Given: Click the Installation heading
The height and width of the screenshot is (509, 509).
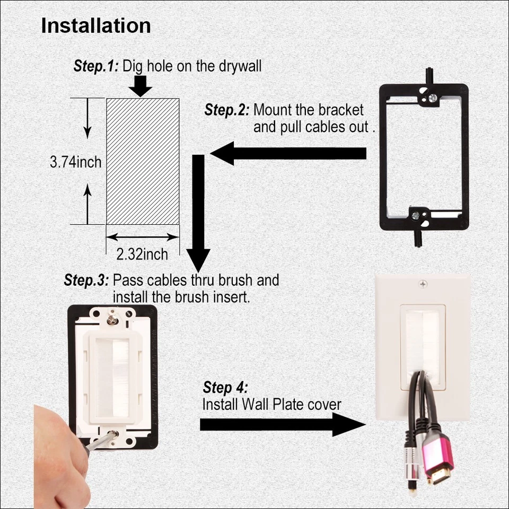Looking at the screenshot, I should [96, 26].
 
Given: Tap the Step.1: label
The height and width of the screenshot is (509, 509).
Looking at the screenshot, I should [96, 66].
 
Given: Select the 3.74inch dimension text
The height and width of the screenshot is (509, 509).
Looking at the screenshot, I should [75, 162].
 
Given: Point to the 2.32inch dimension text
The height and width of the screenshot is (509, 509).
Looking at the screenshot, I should [142, 254].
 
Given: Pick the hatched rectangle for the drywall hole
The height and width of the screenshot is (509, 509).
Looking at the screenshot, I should [143, 161].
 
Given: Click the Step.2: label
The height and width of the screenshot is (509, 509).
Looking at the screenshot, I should [226, 110].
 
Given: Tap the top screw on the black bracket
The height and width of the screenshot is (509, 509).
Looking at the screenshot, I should [433, 98].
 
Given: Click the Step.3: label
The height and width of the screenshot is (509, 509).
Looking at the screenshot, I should [86, 280].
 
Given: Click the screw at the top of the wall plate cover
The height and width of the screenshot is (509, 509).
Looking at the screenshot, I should [423, 285].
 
